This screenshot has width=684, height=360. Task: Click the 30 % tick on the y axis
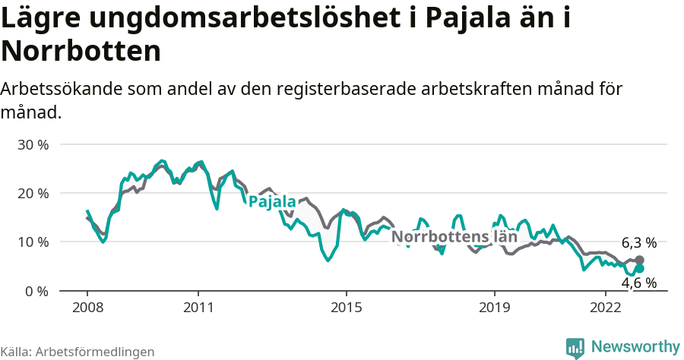[x=33, y=144]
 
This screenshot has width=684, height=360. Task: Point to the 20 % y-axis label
[x=33, y=193]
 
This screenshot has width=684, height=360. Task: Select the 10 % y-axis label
[x=33, y=242]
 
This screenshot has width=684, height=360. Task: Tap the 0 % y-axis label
[x=36, y=291]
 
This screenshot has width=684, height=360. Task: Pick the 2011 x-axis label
[x=198, y=308]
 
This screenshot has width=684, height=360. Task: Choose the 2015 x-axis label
[x=347, y=308]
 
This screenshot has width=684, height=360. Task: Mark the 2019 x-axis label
[x=495, y=308]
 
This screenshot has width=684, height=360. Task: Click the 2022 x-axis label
[x=606, y=308]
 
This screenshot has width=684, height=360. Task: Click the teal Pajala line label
[x=272, y=202]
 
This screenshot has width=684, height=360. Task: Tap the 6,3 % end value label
[x=638, y=243]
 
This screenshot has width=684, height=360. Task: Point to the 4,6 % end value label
[x=638, y=283]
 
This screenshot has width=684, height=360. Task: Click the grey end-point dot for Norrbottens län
[x=639, y=260]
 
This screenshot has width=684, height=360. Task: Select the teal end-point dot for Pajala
[x=639, y=269]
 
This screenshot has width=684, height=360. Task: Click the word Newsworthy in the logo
[x=635, y=346]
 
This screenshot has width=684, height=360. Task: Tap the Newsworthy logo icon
[x=575, y=347]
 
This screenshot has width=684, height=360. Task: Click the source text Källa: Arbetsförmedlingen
[x=78, y=352]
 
